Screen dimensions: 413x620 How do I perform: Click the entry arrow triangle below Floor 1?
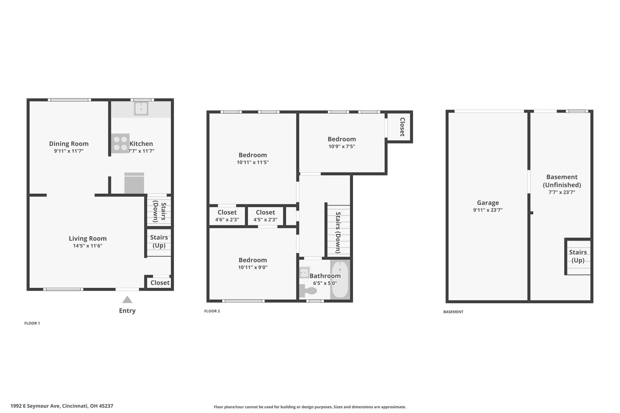127,300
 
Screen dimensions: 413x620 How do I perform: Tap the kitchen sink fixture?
141,108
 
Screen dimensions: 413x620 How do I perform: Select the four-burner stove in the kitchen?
120,143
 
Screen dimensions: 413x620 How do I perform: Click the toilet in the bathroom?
307,290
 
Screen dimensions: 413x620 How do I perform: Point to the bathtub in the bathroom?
340,280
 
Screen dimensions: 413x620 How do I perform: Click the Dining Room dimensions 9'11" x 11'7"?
69,151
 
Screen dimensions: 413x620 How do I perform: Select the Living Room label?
88,238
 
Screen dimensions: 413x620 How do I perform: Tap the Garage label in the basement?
488,203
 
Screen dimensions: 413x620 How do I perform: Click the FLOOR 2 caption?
212,311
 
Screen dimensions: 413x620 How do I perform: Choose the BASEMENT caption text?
453,312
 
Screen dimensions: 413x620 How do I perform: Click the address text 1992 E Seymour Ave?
62,406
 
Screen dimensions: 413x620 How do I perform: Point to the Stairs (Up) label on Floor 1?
159,241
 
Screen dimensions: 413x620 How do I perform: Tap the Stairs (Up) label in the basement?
578,256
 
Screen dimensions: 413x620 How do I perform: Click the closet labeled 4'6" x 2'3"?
227,216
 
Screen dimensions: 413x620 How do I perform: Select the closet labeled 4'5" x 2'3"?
265,216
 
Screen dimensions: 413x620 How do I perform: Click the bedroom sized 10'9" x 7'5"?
342,142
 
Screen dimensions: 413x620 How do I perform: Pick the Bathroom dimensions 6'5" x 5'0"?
325,283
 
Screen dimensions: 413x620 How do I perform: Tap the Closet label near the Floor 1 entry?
160,283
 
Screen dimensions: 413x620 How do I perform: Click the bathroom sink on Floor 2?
304,272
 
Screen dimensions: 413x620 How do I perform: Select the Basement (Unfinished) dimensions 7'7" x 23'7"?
562,192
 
